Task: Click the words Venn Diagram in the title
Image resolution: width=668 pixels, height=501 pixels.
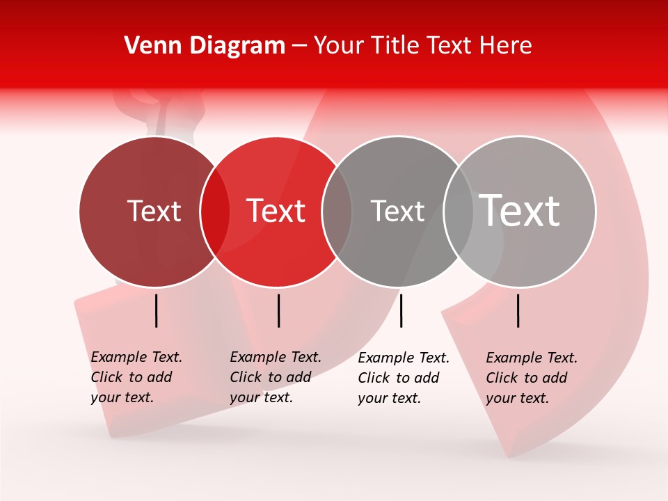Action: pyautogui.click(x=205, y=46)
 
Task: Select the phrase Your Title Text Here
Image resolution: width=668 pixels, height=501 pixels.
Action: pyautogui.click(x=422, y=46)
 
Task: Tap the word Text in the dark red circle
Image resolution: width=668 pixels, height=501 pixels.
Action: pyautogui.click(x=154, y=211)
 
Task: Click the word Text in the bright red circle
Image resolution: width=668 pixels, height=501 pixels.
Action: pyautogui.click(x=276, y=211)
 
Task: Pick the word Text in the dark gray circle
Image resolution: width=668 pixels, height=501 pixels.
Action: pyautogui.click(x=397, y=211)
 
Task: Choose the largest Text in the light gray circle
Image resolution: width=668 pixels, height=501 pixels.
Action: pyautogui.click(x=520, y=211)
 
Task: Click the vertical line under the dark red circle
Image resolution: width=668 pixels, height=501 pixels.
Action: pyautogui.click(x=157, y=310)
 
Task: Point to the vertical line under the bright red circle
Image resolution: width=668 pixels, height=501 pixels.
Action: pyautogui.click(x=278, y=310)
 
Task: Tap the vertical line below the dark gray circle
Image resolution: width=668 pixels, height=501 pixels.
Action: pyautogui.click(x=401, y=310)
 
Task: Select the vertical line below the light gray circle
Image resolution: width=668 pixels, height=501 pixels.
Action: pyautogui.click(x=518, y=310)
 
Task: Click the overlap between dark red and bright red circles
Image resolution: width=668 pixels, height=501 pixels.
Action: pyautogui.click(x=215, y=212)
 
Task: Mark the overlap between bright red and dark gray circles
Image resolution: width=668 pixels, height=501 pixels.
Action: pyautogui.click(x=337, y=212)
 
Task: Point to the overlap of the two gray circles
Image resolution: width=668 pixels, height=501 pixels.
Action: pyautogui.click(x=459, y=212)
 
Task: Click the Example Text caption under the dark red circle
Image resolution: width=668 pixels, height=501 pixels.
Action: pyautogui.click(x=136, y=377)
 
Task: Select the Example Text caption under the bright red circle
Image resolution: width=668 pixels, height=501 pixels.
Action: pyautogui.click(x=275, y=377)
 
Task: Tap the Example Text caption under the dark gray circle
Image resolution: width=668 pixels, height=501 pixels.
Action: pyautogui.click(x=403, y=378)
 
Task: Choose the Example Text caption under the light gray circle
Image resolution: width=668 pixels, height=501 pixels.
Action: pyautogui.click(x=531, y=378)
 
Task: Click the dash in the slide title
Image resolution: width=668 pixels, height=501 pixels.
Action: pyautogui.click(x=299, y=47)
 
